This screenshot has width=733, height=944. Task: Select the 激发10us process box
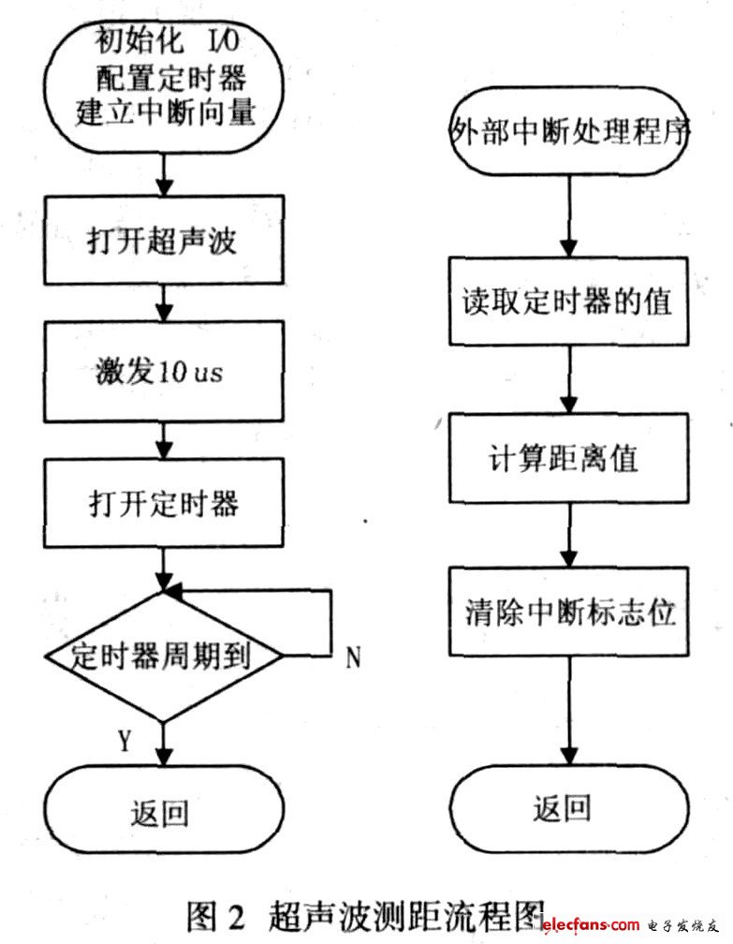(x=165, y=371)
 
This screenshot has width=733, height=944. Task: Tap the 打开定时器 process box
(x=165, y=503)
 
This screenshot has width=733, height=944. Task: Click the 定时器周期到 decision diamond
(x=165, y=656)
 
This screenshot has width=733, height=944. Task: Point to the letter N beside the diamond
(x=353, y=658)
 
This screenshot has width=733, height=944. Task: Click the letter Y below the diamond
(x=124, y=741)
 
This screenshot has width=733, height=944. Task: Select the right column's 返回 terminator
(x=564, y=807)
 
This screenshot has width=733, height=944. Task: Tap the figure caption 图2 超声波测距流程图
(x=365, y=913)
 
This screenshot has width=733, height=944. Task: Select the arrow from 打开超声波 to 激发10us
(x=165, y=302)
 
